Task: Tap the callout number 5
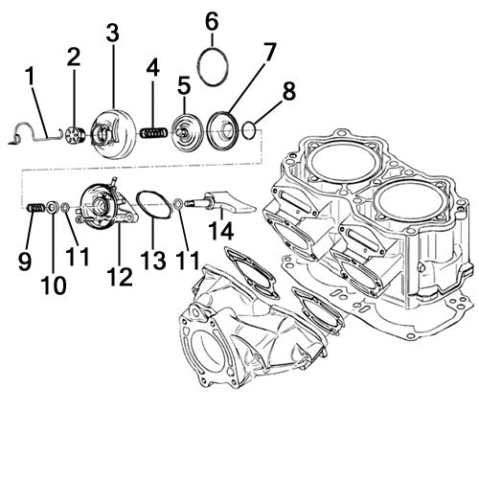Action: [x=184, y=84]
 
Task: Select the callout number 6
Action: [x=212, y=20]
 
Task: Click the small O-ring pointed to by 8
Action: [x=249, y=128]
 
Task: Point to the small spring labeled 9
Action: [x=35, y=207]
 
